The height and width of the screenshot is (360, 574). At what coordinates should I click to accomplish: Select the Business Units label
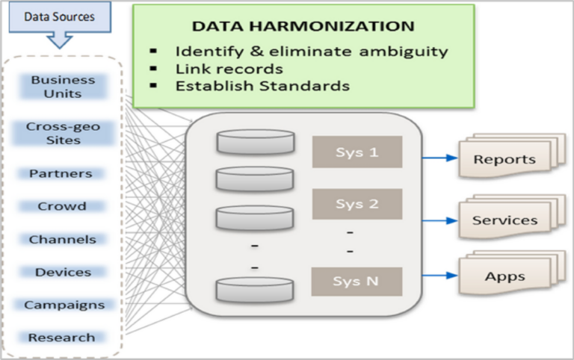pyautogui.click(x=63, y=87)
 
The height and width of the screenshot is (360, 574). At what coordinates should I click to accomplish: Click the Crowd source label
pyautogui.click(x=62, y=206)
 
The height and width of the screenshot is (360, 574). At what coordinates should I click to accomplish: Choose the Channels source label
pyautogui.click(x=62, y=239)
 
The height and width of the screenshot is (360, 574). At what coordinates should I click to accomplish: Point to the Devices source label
pyautogui.click(x=63, y=272)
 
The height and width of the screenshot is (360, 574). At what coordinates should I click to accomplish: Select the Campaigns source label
pyautogui.click(x=64, y=305)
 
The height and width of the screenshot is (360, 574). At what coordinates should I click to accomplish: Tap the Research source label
pyautogui.click(x=62, y=338)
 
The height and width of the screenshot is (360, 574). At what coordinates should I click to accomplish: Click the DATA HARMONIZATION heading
pyautogui.click(x=303, y=27)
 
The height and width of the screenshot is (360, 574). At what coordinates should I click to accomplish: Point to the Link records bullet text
pyautogui.click(x=229, y=69)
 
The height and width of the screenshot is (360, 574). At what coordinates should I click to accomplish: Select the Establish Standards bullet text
pyautogui.click(x=262, y=86)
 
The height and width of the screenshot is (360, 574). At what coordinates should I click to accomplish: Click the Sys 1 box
pyautogui.click(x=357, y=152)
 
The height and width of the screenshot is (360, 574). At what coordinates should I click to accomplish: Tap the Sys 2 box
pyautogui.click(x=357, y=204)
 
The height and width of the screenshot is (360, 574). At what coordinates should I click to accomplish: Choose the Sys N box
pyautogui.click(x=357, y=282)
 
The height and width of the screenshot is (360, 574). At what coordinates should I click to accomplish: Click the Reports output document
pyautogui.click(x=504, y=160)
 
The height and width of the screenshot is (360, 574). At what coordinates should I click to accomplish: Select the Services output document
pyautogui.click(x=504, y=221)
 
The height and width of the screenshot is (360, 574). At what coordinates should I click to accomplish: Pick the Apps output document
pyautogui.click(x=504, y=277)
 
